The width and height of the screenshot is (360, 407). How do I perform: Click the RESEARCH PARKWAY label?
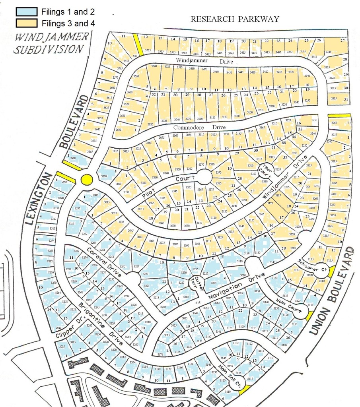coord(234,19)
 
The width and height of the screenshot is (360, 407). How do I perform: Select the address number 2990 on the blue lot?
coord(73,158)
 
